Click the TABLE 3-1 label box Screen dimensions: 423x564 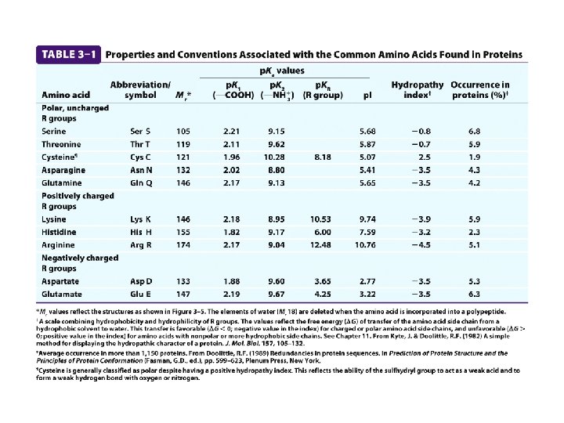(x=69, y=55)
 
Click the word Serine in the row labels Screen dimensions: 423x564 (x=54, y=131)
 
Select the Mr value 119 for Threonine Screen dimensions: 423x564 (x=183, y=144)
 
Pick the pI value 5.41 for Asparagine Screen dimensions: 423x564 (x=366, y=169)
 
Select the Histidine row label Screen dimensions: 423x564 (x=59, y=233)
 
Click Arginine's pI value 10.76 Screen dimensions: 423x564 (x=366, y=245)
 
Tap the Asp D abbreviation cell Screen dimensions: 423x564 (x=142, y=281)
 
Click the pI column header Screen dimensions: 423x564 (x=367, y=96)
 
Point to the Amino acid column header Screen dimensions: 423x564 (x=63, y=96)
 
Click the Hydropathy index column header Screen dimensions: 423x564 (x=418, y=90)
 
